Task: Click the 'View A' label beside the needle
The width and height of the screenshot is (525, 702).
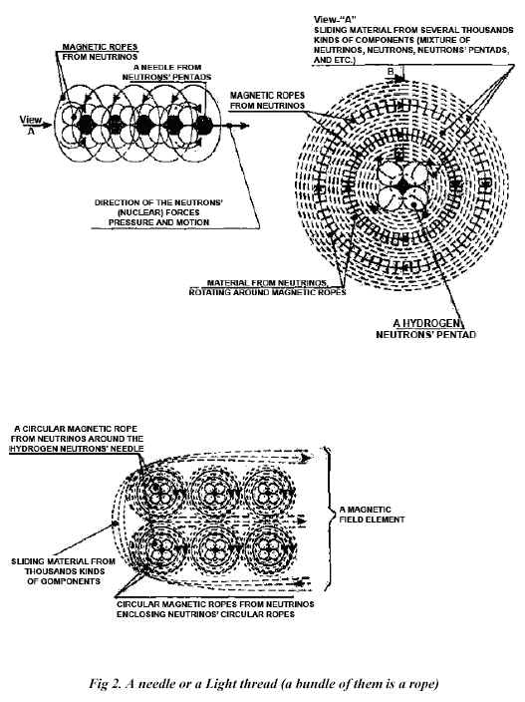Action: [x=31, y=125]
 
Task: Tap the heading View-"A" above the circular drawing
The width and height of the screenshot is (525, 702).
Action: [x=332, y=19]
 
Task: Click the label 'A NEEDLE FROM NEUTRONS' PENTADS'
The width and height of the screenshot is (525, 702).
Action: [x=166, y=72]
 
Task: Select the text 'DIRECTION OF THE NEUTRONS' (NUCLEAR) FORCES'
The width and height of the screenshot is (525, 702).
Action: [x=158, y=207]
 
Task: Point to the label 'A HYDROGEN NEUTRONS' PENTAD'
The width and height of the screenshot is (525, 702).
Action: [x=426, y=329]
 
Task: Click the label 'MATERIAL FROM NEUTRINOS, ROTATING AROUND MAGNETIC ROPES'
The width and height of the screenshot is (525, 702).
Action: [x=267, y=287]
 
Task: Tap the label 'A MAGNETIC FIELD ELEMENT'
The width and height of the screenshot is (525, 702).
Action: [x=372, y=515]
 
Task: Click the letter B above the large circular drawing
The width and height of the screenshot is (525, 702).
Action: [x=391, y=71]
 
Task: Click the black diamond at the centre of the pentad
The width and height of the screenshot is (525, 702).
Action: [x=402, y=187]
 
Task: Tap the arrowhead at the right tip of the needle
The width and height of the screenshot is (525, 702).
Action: [x=243, y=126]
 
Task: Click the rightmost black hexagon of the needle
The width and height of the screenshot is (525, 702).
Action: [x=203, y=126]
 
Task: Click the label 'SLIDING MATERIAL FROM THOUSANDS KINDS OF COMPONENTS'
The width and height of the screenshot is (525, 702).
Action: [x=63, y=571]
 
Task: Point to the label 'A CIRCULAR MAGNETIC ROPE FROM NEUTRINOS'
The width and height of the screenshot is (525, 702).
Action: [x=77, y=434]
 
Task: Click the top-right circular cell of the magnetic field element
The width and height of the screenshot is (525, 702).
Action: [x=269, y=493]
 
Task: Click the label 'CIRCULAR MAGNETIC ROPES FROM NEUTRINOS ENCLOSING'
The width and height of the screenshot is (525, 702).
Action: [x=215, y=609]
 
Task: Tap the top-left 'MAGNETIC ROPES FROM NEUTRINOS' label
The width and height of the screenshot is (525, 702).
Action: [x=100, y=52]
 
